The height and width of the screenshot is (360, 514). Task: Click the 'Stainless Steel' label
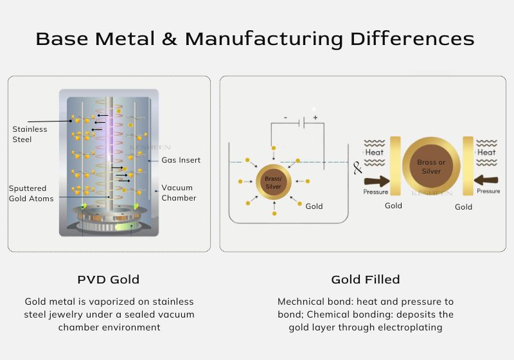coord(30,134)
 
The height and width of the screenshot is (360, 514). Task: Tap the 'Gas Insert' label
coord(181,159)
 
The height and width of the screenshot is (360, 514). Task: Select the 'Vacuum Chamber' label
coord(178,192)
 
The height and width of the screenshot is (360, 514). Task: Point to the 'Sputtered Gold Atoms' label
coord(31,193)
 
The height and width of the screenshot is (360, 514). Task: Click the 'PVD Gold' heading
coord(108,279)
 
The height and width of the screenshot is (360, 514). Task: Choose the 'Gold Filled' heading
coord(365,279)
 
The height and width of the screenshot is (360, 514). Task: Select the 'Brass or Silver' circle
coord(431,166)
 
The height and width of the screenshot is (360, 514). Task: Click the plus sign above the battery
coord(315,118)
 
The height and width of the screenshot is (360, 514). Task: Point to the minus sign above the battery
coord(285,118)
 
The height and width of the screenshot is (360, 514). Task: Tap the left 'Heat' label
coord(375,152)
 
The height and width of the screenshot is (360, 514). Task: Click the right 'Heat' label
coord(486,152)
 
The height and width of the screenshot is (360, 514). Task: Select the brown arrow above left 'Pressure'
coord(376,181)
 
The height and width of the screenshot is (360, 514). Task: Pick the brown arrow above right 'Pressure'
coord(486,181)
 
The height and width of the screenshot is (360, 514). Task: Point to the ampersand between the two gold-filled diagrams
coord(358,168)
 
